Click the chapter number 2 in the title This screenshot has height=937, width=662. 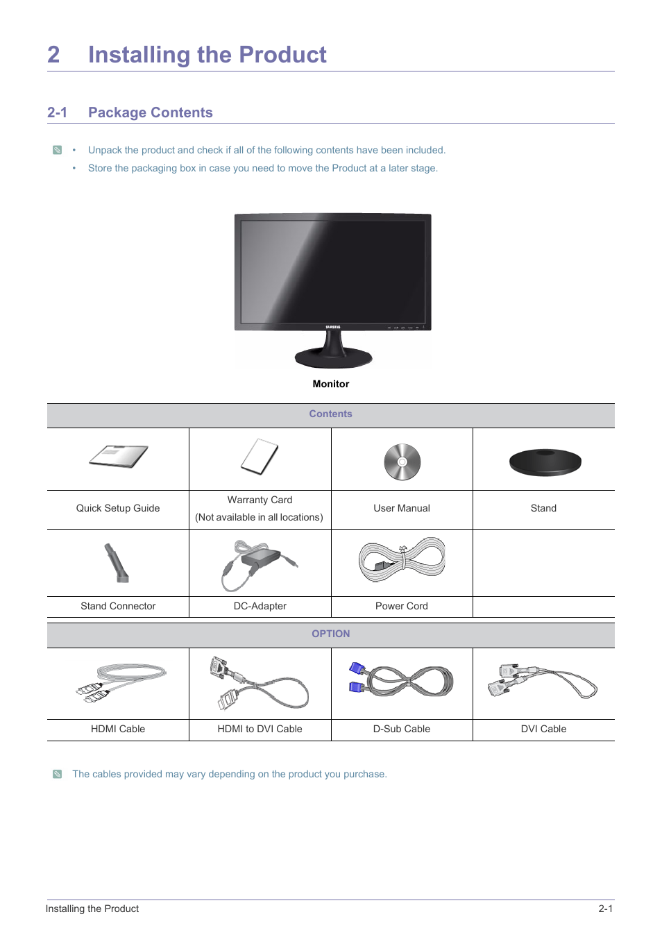click(x=53, y=55)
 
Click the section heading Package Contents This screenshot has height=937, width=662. click(x=150, y=112)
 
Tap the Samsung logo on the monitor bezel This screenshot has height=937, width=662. click(x=333, y=327)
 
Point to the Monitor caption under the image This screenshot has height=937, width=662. click(x=331, y=384)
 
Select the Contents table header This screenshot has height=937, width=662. click(x=330, y=414)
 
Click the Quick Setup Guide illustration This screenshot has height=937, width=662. click(x=119, y=457)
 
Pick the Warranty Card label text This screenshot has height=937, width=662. click(x=260, y=500)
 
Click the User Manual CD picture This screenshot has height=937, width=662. click(x=402, y=462)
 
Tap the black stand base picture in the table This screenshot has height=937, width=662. click(x=545, y=462)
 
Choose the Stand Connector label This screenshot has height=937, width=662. click(x=118, y=606)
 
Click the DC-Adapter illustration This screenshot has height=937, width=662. click(x=260, y=562)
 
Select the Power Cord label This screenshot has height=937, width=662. click(x=401, y=606)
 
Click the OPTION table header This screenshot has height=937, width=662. click(x=330, y=634)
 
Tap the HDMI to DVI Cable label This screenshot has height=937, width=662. click(x=260, y=729)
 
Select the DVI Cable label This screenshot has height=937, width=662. click(x=543, y=729)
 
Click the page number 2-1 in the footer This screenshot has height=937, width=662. click(x=605, y=909)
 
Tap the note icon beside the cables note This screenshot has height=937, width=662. click(x=58, y=774)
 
